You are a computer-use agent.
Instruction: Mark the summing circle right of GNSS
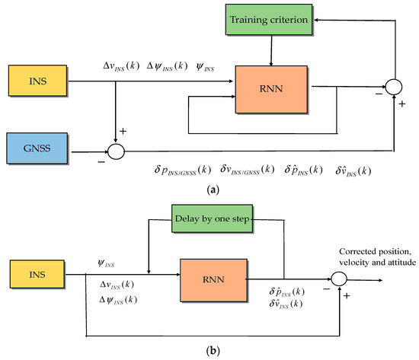tap(115, 152)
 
